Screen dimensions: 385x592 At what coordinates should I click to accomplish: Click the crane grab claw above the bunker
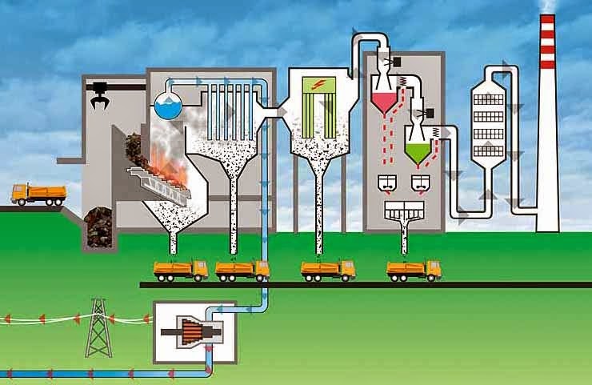point(100,99)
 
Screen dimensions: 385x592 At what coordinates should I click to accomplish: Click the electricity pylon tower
point(98,327)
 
